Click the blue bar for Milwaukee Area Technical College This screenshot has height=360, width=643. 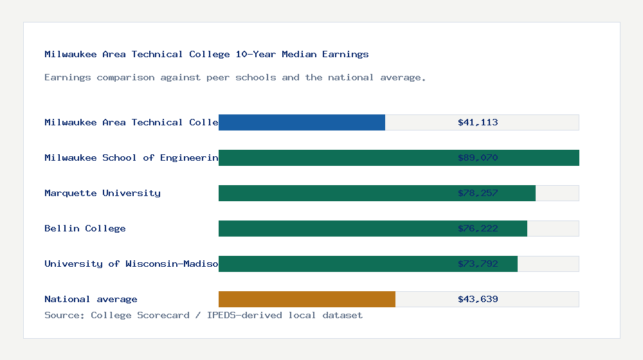[302, 122]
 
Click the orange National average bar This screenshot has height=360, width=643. [307, 299]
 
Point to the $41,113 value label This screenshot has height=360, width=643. [478, 122]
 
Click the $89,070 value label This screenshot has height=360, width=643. [478, 157]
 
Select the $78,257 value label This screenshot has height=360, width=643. [478, 193]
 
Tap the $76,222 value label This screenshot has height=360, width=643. [478, 228]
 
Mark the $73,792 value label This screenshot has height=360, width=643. [478, 264]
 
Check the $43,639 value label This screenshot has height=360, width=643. [478, 299]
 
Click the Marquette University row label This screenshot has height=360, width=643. [102, 193]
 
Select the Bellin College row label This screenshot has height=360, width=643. [85, 228]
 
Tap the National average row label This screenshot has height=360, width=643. [91, 299]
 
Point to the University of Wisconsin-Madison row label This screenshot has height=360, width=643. [131, 264]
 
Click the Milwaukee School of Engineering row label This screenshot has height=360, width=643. [131, 157]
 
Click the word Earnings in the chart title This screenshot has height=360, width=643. [345, 54]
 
